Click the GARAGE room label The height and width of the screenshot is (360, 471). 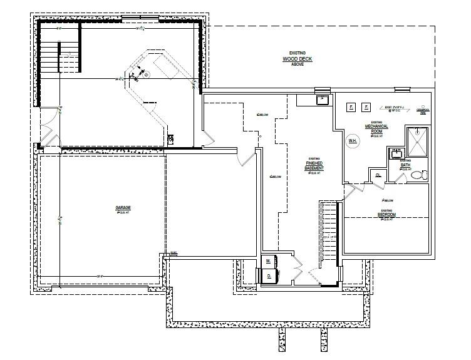pyautogui.click(x=122, y=208)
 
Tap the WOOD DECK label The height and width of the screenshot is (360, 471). pyautogui.click(x=296, y=60)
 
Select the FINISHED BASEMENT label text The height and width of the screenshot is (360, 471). pyautogui.click(x=314, y=165)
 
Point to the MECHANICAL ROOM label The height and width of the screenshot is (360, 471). pyautogui.click(x=377, y=127)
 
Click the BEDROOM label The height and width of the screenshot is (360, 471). pyautogui.click(x=386, y=215)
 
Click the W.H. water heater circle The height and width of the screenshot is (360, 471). pyautogui.click(x=353, y=141)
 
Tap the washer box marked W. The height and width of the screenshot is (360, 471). pyautogui.click(x=268, y=260)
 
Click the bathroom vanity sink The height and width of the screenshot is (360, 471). pyautogui.click(x=396, y=153)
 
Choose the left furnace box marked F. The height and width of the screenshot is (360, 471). pyautogui.click(x=351, y=108)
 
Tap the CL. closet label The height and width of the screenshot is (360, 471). pyautogui.click(x=379, y=176)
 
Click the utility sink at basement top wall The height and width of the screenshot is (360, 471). pyautogui.click(x=322, y=99)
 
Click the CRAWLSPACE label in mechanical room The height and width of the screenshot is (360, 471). pyautogui.click(x=424, y=110)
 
